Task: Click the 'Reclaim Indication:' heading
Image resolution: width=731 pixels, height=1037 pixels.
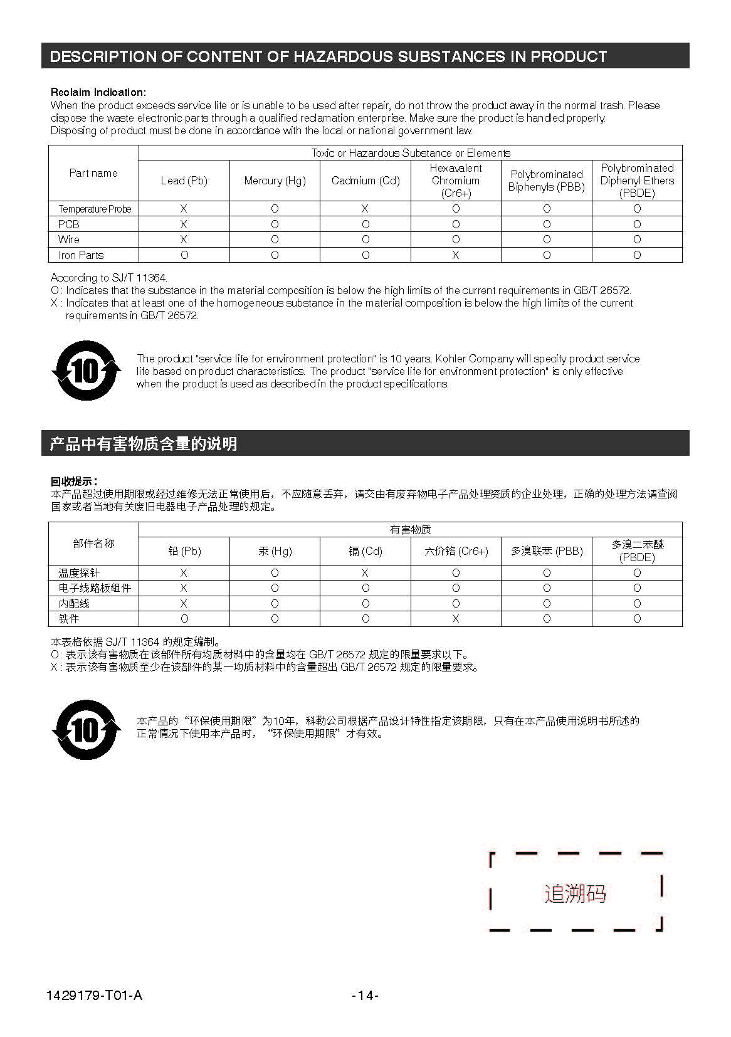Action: point(98,92)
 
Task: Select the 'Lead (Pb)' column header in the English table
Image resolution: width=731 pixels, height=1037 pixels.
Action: point(184,181)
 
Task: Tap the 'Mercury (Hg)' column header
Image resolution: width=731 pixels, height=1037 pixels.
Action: point(275,181)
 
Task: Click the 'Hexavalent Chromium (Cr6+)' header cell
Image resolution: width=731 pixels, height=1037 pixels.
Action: point(456,181)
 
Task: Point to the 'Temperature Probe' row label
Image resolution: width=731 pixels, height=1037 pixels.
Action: point(95,209)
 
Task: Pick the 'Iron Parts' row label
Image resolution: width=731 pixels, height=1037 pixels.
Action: point(81,255)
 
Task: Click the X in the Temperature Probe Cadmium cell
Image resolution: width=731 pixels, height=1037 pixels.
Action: point(365,209)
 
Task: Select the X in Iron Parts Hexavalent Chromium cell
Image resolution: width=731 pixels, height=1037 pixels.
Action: point(456,255)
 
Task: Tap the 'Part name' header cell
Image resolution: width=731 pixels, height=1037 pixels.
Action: point(93,173)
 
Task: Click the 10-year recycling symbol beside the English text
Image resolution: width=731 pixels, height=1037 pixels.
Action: point(86,371)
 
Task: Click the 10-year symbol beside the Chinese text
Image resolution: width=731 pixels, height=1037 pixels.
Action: point(86,730)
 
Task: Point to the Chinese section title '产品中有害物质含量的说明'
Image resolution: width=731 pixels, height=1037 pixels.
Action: point(144,444)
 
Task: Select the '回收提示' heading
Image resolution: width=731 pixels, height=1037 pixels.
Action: point(73,482)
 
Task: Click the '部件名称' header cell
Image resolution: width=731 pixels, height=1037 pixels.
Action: point(93,544)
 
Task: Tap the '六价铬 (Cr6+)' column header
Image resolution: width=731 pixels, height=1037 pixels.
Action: point(456,551)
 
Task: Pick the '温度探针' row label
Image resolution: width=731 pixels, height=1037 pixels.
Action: point(79,573)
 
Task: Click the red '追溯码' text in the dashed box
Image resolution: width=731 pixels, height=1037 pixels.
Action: point(575,893)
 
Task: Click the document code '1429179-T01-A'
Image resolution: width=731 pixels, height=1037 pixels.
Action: point(94,995)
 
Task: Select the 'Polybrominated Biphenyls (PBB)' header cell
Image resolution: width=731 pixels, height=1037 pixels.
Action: point(546,181)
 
